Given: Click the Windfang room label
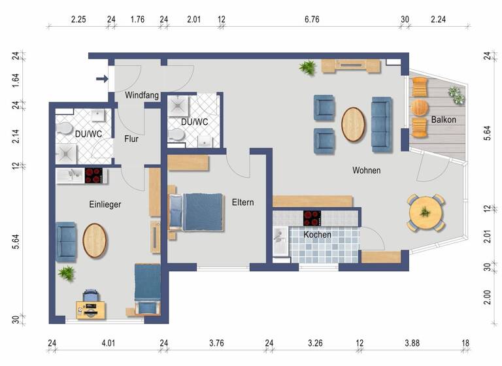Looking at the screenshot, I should [142, 95].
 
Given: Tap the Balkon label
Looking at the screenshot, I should [443, 120].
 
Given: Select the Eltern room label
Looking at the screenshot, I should [243, 203].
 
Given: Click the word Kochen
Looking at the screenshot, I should [316, 235].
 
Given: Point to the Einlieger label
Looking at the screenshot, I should [105, 205].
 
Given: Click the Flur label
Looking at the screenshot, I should [131, 139].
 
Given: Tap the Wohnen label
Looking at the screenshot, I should [366, 171].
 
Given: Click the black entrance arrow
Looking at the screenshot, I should [102, 80].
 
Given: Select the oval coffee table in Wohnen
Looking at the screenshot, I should [354, 123].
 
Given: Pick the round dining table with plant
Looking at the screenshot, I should [426, 212].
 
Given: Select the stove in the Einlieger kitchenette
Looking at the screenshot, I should [93, 175].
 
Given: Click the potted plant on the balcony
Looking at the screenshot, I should [456, 95].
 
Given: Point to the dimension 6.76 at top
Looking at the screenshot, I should [312, 20].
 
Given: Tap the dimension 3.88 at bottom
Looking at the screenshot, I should [412, 343].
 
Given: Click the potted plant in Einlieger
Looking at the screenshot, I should [67, 273].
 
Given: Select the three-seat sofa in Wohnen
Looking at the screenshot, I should [381, 123].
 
